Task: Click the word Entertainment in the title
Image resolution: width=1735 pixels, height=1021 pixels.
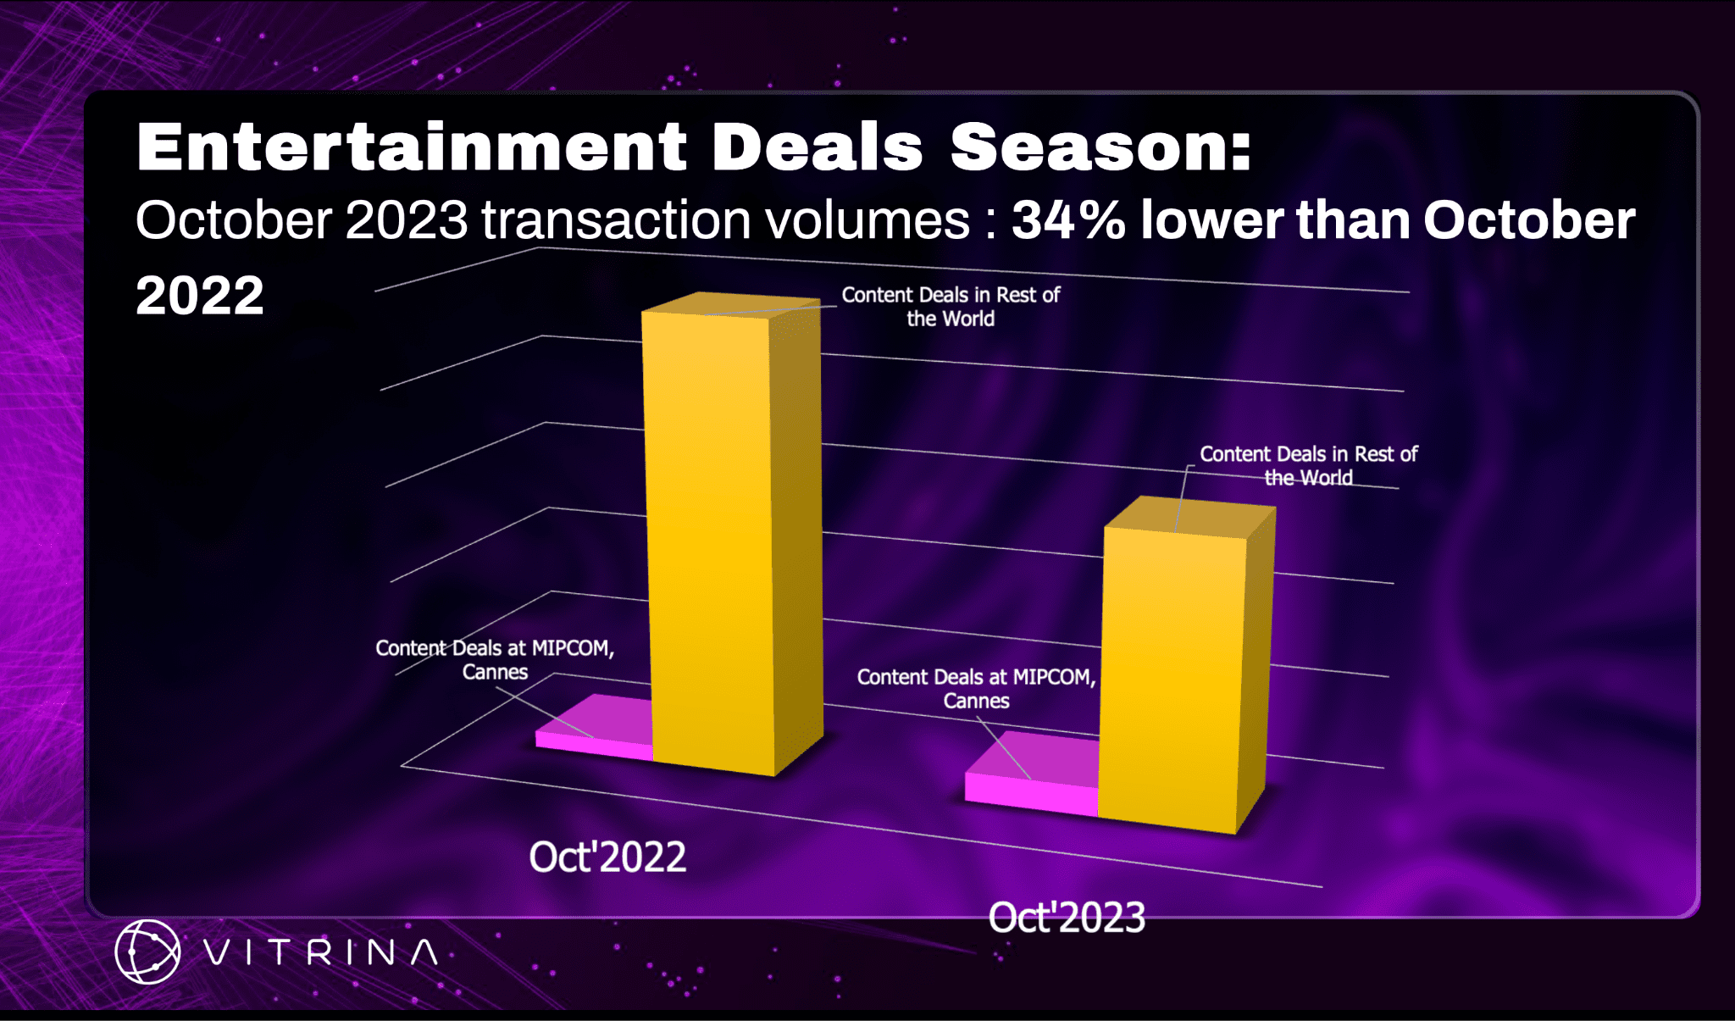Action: (x=411, y=147)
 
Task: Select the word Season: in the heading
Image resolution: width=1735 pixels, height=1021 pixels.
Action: (x=1100, y=147)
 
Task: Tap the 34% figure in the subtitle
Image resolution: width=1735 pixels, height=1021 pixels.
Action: (x=1069, y=220)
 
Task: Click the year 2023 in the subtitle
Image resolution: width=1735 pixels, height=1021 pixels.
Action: (x=407, y=220)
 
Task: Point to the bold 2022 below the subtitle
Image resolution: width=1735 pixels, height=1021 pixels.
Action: (x=200, y=295)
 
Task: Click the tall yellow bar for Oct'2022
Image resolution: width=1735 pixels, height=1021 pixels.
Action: (x=732, y=534)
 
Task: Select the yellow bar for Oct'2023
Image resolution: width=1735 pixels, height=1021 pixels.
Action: (x=1186, y=665)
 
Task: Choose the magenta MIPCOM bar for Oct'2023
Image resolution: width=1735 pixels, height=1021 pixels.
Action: (x=1033, y=774)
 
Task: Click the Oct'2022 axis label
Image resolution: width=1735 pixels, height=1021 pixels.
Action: (x=607, y=857)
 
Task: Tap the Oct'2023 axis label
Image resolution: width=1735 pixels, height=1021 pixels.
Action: (x=1067, y=918)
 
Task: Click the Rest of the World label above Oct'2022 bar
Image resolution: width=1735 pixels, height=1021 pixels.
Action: (x=951, y=307)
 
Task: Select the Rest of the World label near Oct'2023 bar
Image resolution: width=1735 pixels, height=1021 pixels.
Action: (x=1309, y=466)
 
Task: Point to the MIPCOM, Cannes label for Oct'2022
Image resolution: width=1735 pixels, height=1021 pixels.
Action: (x=495, y=660)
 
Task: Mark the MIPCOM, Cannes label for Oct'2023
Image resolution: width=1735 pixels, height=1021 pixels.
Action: (x=976, y=689)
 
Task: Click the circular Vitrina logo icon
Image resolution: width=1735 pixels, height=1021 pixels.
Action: (x=147, y=952)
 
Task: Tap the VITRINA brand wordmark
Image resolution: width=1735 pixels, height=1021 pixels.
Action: (x=321, y=952)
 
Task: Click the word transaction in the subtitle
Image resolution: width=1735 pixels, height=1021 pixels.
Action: (x=617, y=220)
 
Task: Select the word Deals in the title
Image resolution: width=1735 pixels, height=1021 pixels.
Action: (x=817, y=147)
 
